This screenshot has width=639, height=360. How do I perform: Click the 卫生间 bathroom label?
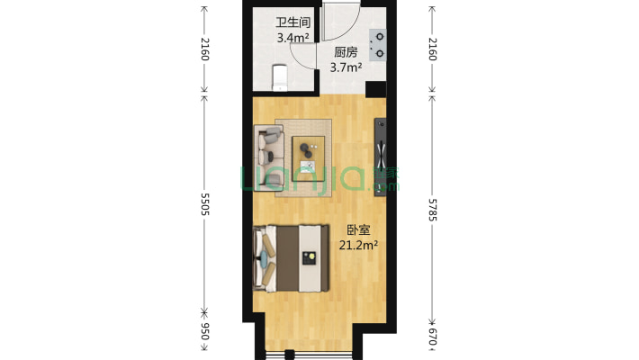(292, 22)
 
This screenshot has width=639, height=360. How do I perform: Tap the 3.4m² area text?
(292, 38)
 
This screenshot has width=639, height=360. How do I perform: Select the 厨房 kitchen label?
(346, 52)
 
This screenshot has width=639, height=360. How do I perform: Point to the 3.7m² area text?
(346, 67)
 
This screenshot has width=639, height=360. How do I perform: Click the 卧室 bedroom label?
(358, 229)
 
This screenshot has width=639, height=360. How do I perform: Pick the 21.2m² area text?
(358, 246)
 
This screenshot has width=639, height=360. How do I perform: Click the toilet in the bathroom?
(280, 77)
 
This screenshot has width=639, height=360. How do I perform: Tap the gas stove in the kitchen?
(378, 45)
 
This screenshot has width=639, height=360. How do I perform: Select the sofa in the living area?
(269, 158)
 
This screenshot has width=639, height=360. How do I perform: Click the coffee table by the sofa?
(309, 156)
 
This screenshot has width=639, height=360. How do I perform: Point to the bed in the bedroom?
(291, 258)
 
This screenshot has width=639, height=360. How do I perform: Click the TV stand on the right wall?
(380, 157)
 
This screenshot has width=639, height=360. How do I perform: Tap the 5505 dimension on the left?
(204, 204)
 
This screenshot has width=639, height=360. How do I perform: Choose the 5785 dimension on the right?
(433, 210)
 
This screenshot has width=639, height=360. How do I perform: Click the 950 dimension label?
(204, 331)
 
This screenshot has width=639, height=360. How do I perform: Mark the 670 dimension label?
(433, 337)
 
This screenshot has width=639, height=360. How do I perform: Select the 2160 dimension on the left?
(204, 49)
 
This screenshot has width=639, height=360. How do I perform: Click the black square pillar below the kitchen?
(375, 89)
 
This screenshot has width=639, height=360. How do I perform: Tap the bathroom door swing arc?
(301, 58)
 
